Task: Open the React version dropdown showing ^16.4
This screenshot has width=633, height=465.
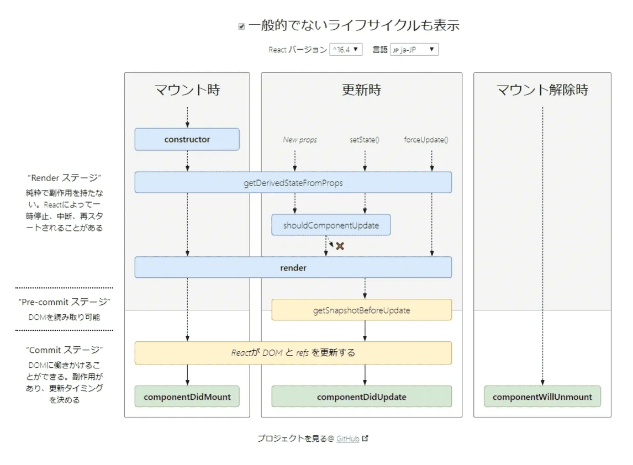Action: (346, 50)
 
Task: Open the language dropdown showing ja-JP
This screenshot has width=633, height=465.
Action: (414, 50)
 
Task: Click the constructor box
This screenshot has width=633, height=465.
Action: (187, 139)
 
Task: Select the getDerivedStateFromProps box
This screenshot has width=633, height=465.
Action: (293, 182)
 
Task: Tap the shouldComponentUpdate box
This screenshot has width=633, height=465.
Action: (330, 225)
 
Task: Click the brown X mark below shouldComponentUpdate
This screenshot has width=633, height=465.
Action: (340, 246)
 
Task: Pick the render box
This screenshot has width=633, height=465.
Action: (293, 267)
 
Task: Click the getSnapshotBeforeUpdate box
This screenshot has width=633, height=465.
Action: (361, 310)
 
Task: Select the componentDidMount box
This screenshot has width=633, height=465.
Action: (187, 397)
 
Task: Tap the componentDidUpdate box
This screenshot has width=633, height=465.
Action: (361, 397)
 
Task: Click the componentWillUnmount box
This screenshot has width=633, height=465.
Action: (542, 397)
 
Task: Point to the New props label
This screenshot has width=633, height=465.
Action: (300, 140)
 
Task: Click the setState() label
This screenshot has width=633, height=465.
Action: (365, 140)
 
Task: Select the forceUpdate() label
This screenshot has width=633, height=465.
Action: (426, 140)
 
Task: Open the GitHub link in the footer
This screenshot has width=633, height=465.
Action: (347, 438)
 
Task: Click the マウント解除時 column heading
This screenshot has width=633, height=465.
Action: (542, 90)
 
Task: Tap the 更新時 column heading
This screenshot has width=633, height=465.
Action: (361, 90)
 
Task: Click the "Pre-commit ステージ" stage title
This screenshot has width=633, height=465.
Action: (65, 302)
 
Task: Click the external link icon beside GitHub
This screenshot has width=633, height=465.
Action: (365, 438)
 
